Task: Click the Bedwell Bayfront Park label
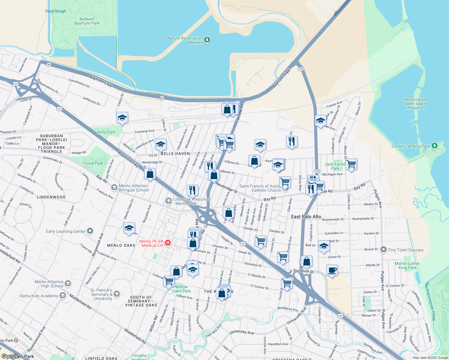coord(87,21)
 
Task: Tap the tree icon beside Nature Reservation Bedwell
coord(207,40)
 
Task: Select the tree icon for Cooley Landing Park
coord(434,146)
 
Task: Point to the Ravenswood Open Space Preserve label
coord(415,103)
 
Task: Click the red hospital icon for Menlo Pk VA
coord(168,243)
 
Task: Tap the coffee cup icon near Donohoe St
coord(332,270)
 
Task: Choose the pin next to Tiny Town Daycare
coord(383,250)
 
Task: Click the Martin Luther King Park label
coord(407,265)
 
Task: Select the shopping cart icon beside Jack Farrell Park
coord(351,164)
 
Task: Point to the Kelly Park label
coord(106,132)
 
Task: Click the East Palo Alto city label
coord(306,217)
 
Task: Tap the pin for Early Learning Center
coord(90,231)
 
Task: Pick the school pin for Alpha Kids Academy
coord(63,295)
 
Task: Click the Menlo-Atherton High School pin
coord(68,283)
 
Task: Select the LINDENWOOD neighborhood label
coord(51,197)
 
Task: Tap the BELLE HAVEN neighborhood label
coord(175,154)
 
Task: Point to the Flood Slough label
coord(56,11)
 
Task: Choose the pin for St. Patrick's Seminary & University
coord(117,294)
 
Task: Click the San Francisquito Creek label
coord(430,301)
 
